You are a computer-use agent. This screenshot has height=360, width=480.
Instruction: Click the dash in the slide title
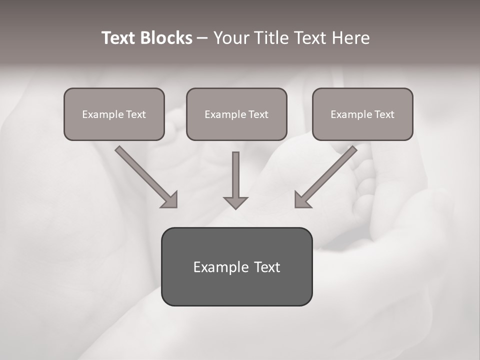202,38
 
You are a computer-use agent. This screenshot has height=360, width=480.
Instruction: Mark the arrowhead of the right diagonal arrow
302,199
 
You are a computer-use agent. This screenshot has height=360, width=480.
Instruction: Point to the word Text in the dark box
267,267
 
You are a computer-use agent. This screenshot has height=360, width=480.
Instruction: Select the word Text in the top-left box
135,114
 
